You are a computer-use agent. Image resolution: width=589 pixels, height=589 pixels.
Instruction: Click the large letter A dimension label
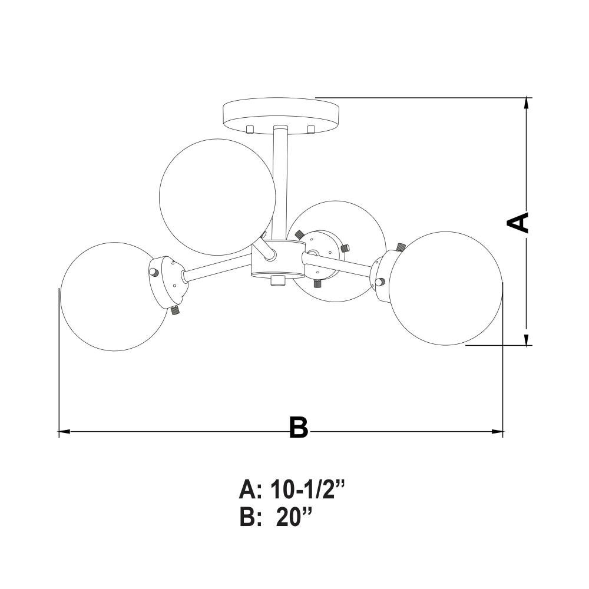(518, 223)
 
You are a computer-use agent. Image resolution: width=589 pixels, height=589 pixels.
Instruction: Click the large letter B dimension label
(299, 427)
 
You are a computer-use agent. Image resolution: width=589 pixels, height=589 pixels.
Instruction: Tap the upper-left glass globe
(217, 197)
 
